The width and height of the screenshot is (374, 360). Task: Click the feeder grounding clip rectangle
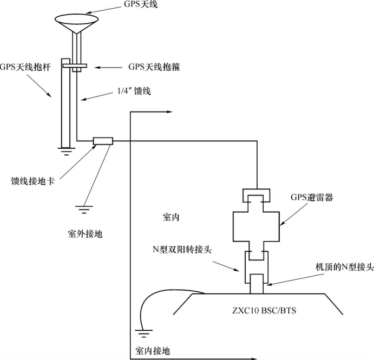[102, 141]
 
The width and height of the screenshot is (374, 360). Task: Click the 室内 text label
[171, 217]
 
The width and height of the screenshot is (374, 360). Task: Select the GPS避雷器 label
[312, 198]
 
